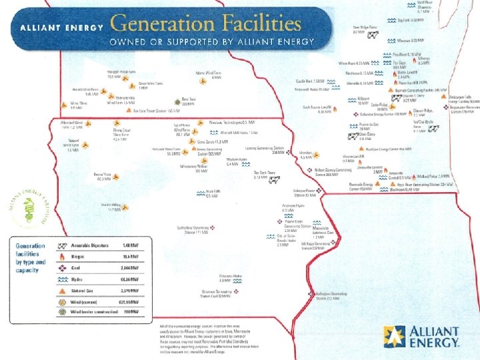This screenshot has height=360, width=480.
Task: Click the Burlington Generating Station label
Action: pyautogui.click(x=331, y=295)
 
